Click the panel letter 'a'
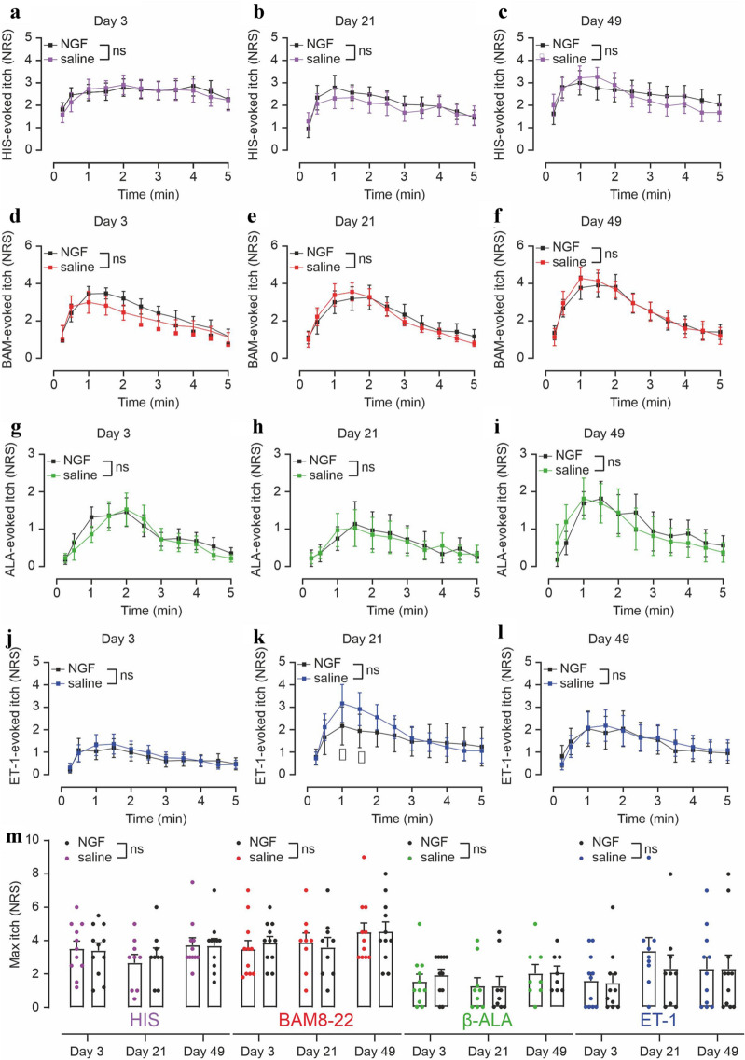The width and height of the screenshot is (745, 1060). click(x=7, y=10)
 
